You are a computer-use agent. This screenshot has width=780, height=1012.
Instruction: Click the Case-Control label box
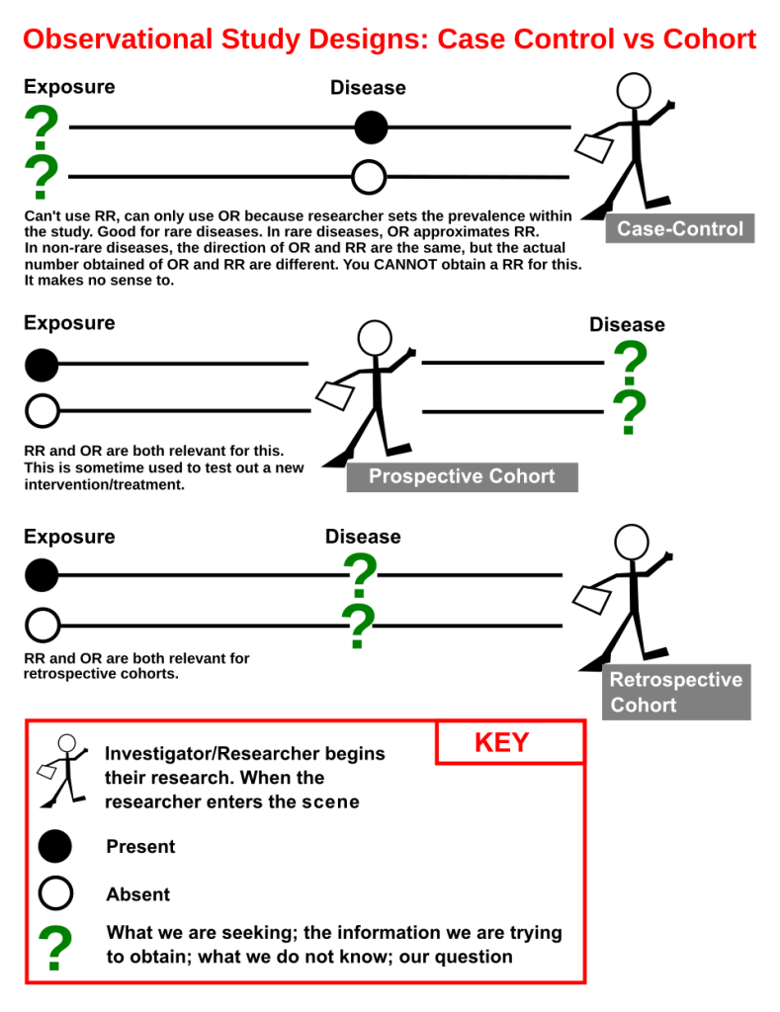coord(679,228)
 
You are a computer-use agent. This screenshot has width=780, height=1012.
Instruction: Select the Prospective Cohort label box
coord(462,477)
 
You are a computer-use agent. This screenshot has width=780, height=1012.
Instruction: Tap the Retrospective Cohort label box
coord(676,692)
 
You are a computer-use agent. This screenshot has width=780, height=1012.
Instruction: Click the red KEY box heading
coord(510,742)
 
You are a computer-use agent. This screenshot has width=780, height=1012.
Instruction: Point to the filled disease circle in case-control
coord(371,127)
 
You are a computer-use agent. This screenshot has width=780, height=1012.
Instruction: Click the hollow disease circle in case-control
coord(369,177)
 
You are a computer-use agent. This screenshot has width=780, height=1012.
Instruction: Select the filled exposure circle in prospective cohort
coord(42,365)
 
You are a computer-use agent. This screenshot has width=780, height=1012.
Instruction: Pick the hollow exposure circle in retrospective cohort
coord(43,625)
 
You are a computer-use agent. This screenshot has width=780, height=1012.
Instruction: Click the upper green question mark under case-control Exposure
coord(42,127)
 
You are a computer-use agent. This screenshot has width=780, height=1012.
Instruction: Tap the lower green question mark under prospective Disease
coord(630,412)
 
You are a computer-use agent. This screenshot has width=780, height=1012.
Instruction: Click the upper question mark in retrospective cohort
coord(360,575)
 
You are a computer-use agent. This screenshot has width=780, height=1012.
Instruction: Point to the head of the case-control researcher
coord(634,90)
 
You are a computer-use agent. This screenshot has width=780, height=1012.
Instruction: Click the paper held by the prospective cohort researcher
coord(334,395)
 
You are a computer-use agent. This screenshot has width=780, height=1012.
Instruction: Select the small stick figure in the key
coord(62,770)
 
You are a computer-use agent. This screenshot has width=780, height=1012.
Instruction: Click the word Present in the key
coord(140,847)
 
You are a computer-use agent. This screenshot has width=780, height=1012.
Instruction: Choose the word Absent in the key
coord(138,894)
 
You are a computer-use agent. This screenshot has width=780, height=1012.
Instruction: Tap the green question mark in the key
coord(55,948)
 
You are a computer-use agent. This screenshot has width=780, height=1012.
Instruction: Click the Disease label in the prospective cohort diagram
coord(627,324)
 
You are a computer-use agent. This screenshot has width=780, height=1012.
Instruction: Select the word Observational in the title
coord(118,39)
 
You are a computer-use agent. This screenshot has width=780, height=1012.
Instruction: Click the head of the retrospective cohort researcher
coord(632,543)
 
